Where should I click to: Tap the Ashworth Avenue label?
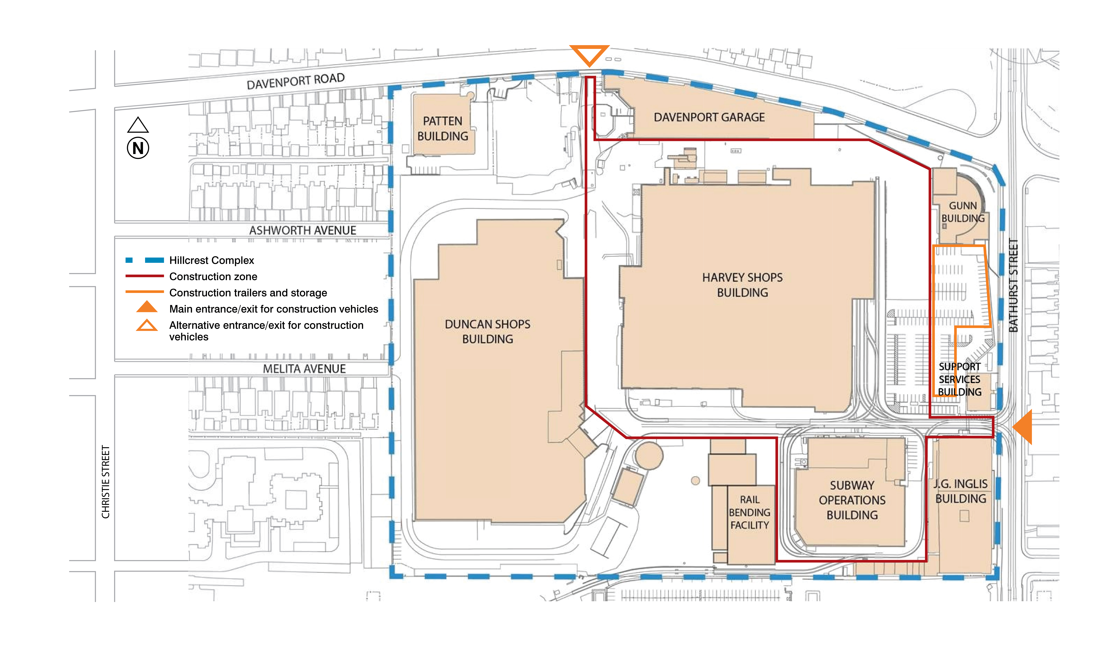tap(303, 230)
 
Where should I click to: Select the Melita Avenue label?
tap(304, 369)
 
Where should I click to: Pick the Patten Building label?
tap(443, 129)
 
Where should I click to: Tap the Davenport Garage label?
tap(709, 117)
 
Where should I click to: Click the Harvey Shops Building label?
tap(743, 285)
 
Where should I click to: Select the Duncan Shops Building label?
tap(488, 332)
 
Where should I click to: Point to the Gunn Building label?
tap(963, 212)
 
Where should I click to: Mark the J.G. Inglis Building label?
tap(961, 491)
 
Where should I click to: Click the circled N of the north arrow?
tap(138, 148)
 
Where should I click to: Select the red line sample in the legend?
tap(144, 276)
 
